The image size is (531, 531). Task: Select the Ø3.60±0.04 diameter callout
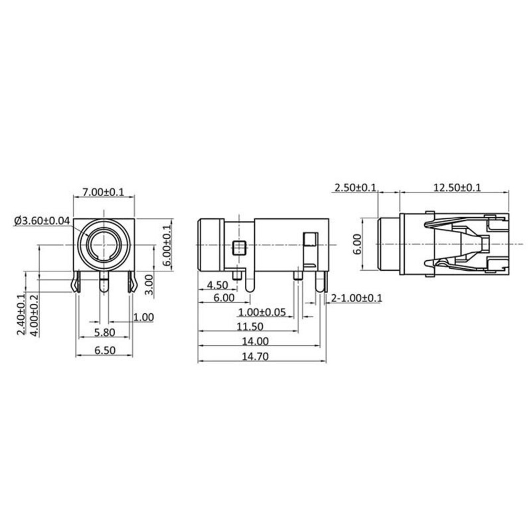point(42,220)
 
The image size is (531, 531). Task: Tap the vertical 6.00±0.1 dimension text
point(167,245)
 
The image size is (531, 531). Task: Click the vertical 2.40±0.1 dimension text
point(22,314)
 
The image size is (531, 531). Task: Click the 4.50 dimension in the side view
point(217,285)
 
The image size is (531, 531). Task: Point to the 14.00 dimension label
point(254,341)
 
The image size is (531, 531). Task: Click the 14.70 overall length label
point(254,357)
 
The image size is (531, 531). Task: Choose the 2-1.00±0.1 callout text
point(356,298)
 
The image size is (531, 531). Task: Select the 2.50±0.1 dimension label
point(355,187)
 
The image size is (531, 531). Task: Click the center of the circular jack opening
point(104,245)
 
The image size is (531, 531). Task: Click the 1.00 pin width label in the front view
point(143,318)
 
